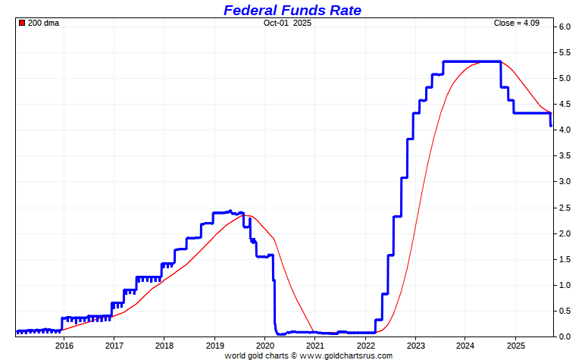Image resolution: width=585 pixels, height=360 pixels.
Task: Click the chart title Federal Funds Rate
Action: click(292, 10)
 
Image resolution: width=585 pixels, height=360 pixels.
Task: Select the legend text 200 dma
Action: click(43, 23)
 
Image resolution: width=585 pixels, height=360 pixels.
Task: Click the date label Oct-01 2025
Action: click(287, 23)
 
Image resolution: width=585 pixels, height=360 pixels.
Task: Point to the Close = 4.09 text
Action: click(518, 23)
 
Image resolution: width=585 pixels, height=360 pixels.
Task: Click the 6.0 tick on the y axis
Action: click(565, 27)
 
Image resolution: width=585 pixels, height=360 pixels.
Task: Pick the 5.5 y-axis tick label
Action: click(565, 53)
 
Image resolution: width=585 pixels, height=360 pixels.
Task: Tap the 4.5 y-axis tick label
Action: click(565, 105)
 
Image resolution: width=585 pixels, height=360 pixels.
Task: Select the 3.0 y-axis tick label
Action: click(565, 182)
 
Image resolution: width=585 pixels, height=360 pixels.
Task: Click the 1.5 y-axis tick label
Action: click(565, 259)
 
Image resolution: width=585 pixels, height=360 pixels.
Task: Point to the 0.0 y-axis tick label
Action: click(565, 337)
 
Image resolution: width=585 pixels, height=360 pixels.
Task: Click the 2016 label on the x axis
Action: click(64, 346)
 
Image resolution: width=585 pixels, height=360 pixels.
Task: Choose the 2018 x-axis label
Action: click(164, 346)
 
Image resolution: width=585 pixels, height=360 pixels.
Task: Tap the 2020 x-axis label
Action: click(264, 346)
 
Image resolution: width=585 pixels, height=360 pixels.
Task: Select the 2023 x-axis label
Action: click(415, 346)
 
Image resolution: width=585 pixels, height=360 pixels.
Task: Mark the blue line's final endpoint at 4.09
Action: click(551, 125)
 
